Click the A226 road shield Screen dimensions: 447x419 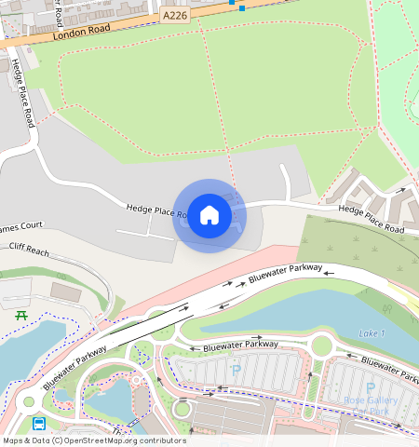174,16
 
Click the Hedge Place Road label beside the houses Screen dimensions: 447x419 371,219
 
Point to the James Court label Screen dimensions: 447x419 20,226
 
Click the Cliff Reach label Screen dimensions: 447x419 29,248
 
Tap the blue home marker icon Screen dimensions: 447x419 209,215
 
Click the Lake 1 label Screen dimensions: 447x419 371,333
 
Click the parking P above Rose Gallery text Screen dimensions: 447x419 371,387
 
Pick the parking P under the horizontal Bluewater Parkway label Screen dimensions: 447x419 235,370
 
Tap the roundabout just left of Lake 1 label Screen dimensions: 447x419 321,346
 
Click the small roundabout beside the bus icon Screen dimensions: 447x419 28,402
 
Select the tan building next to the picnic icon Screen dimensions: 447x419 66,291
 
